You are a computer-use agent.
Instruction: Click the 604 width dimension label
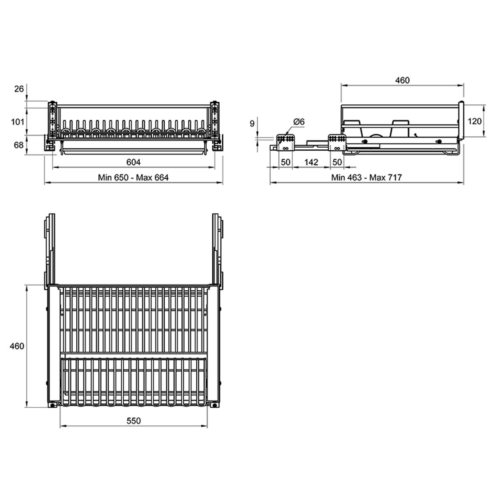click(133, 162)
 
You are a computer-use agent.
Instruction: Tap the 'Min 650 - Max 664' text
click(133, 177)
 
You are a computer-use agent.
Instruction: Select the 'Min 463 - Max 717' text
click(366, 177)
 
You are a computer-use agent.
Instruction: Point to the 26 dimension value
click(19, 89)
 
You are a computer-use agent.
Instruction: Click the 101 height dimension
click(17, 122)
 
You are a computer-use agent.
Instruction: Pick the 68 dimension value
click(19, 145)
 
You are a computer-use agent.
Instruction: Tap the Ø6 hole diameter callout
click(299, 121)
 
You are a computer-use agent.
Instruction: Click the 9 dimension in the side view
click(252, 123)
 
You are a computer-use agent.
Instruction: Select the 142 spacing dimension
click(311, 162)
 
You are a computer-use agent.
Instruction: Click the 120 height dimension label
click(475, 121)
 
